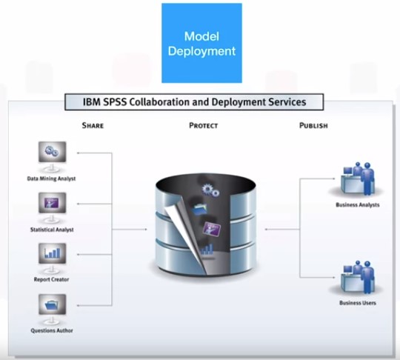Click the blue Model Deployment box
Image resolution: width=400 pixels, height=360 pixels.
pos(201,43)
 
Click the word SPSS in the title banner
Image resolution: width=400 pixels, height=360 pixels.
pos(115,102)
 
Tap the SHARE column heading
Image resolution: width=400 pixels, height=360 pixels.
pos(93,125)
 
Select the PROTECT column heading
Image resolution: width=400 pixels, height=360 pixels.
pos(203,125)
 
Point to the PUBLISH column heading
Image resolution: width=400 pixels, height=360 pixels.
pos(313,125)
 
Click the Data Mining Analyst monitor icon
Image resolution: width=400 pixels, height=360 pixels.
pos(52,156)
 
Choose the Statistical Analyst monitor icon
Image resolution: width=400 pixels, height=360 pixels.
pos(52,207)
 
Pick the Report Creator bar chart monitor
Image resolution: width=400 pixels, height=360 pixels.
pos(52,258)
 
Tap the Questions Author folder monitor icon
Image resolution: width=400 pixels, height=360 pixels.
pos(52,309)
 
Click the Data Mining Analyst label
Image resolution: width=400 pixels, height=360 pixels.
pos(52,179)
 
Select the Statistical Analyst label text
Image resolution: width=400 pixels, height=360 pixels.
pos(52,230)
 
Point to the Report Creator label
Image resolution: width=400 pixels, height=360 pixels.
pos(52,279)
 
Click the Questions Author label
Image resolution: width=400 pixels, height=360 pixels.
pos(52,330)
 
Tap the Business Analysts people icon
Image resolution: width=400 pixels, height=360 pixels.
pos(359,179)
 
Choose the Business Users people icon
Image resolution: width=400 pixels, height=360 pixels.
pos(359,277)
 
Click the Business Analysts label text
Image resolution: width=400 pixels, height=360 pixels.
pos(358,205)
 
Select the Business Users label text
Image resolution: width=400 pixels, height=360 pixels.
pos(358,303)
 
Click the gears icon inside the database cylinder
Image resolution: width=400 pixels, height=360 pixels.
pos(210,190)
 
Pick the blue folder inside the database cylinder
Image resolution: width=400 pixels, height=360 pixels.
pos(200,210)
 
